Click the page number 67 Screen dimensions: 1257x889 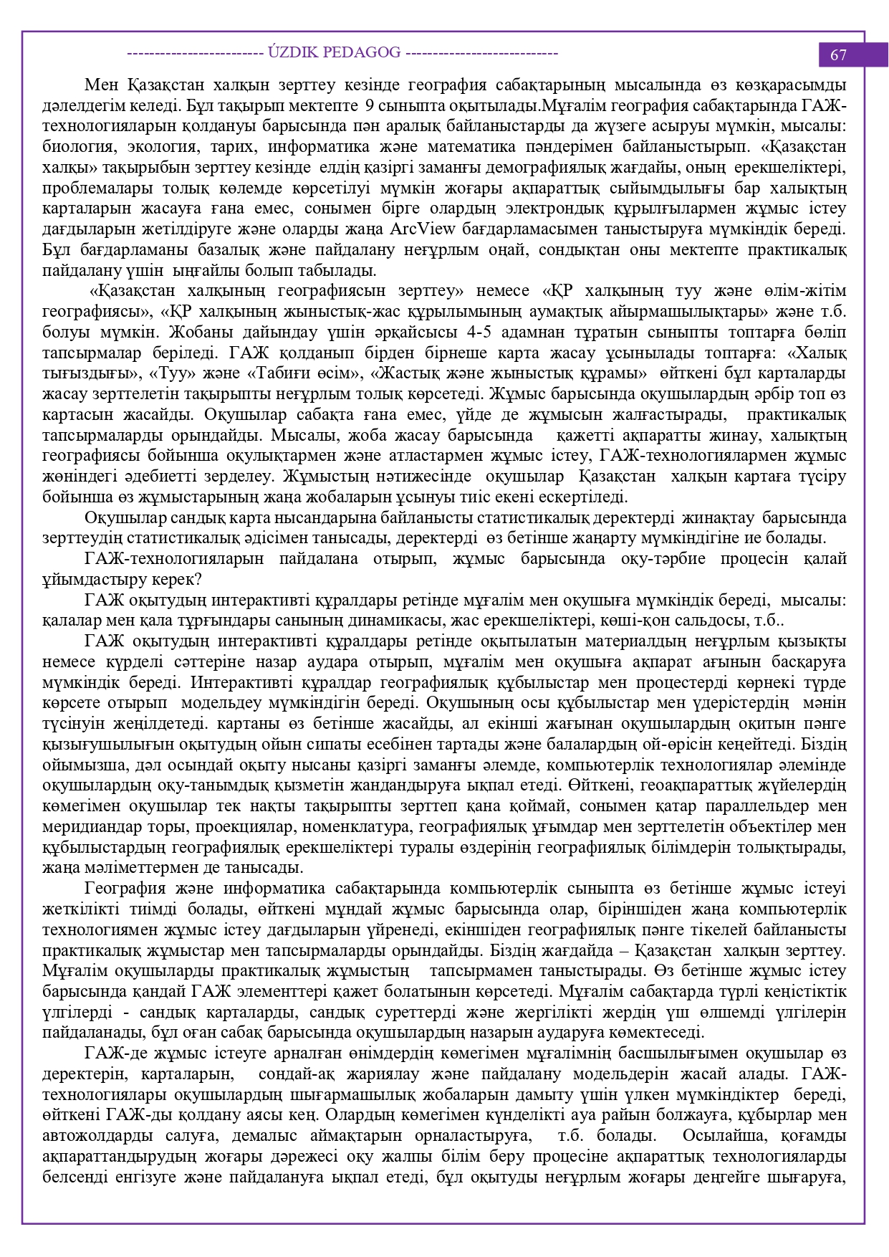point(838,55)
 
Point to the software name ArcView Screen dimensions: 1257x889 point(423,229)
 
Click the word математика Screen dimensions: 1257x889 point(471,147)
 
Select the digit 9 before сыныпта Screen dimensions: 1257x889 point(368,106)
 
